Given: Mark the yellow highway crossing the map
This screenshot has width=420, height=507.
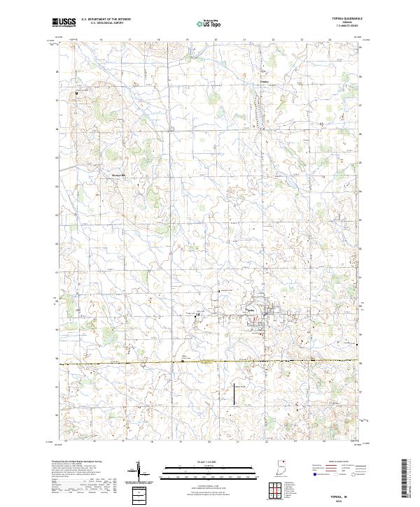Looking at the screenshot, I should (210, 361).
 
